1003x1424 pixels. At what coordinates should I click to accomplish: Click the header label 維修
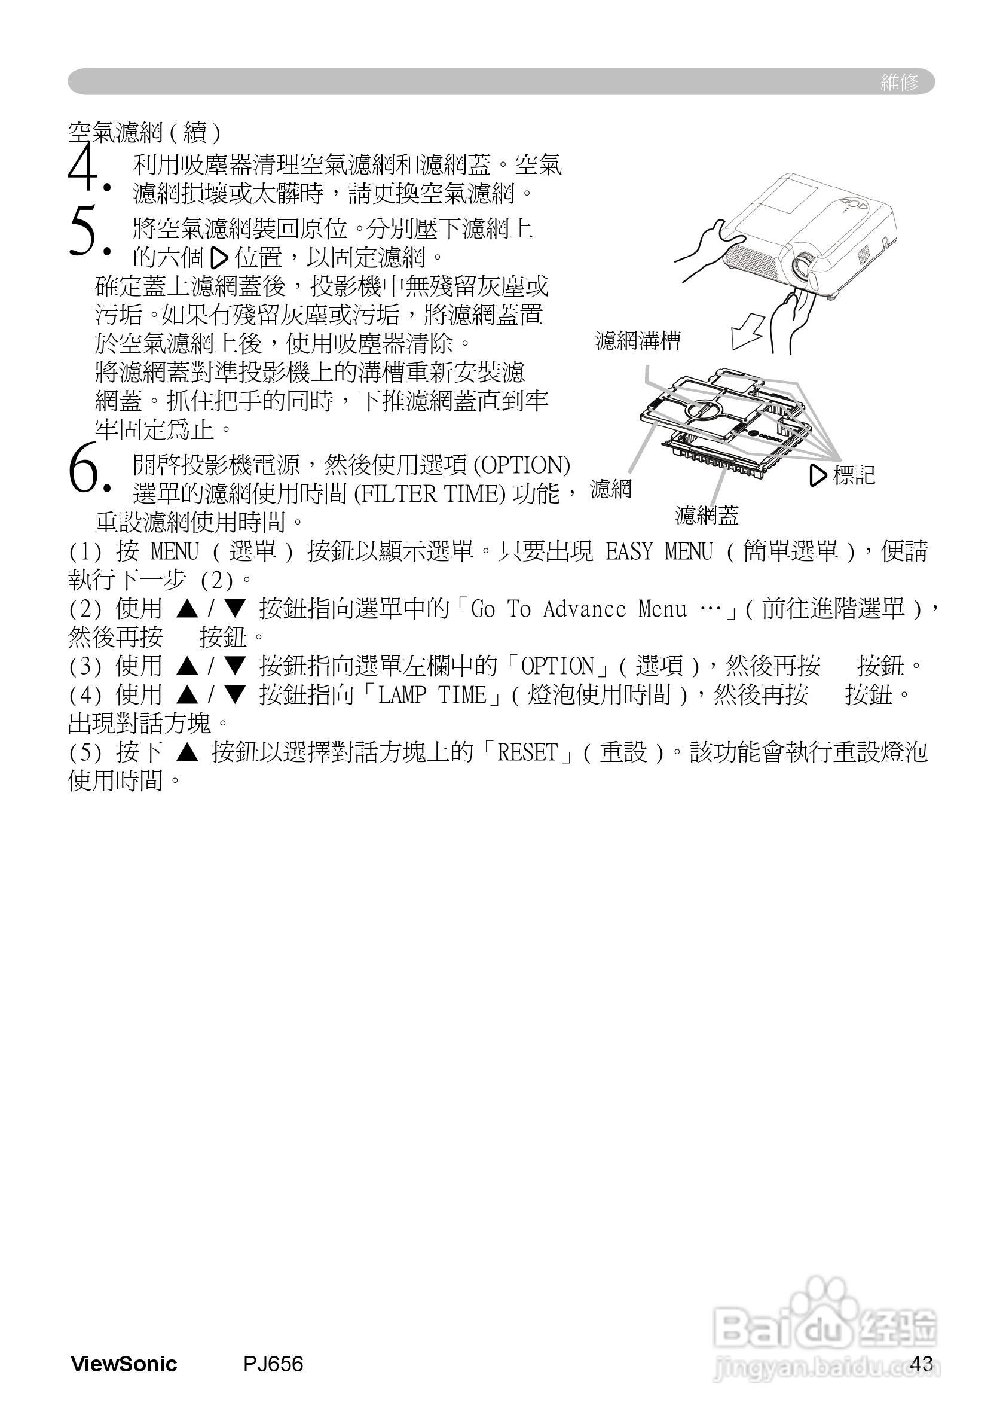pyautogui.click(x=899, y=82)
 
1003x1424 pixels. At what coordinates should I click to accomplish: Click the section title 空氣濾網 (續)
pyautogui.click(x=144, y=132)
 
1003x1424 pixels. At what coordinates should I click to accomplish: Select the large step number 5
pyautogui.click(x=84, y=230)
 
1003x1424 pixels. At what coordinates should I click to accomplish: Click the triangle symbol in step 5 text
pyautogui.click(x=219, y=257)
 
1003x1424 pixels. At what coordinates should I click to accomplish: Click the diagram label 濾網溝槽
pyautogui.click(x=638, y=340)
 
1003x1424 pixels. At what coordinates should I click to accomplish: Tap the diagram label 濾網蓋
pyautogui.click(x=707, y=516)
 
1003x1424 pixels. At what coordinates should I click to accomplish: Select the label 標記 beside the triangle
pyautogui.click(x=854, y=475)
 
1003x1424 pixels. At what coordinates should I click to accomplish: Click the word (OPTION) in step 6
pyautogui.click(x=521, y=465)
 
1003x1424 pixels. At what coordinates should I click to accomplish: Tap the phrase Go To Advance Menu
pyautogui.click(x=579, y=609)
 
